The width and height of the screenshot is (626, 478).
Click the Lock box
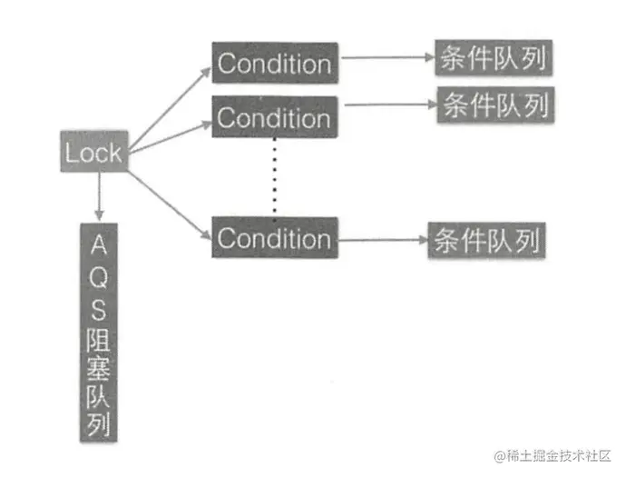(93, 152)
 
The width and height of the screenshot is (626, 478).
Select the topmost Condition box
(275, 64)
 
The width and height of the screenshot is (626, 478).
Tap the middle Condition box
(274, 117)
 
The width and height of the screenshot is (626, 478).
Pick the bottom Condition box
(274, 238)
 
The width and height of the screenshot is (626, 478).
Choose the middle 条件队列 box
(496, 106)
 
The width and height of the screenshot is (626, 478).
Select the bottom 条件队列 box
(486, 240)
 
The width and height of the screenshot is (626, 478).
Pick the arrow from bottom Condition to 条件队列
(381, 241)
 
